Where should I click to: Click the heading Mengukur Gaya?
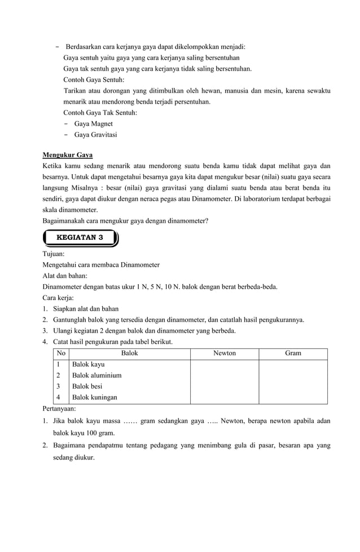(x=68, y=155)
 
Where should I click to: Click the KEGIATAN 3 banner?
(x=80, y=237)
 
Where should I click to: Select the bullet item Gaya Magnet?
(x=94, y=123)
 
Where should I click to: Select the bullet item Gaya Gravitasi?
(x=96, y=134)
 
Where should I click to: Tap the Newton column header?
(x=224, y=353)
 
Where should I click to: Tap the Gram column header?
(x=293, y=353)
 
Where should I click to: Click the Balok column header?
(x=129, y=353)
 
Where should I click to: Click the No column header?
(x=61, y=353)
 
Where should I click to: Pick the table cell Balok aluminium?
(x=96, y=375)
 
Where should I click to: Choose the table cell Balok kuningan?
(x=94, y=397)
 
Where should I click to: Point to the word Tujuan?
(x=54, y=254)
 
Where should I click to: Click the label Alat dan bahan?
(x=65, y=276)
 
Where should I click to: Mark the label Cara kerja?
(x=59, y=297)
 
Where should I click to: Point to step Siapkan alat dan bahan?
(x=85, y=308)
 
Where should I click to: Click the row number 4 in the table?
(x=58, y=397)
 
